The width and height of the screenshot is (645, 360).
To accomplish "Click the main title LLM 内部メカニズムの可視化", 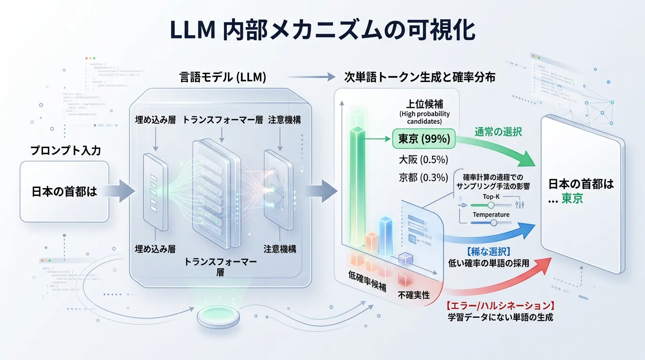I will pos(322,30).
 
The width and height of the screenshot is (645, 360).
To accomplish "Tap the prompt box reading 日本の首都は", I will pos(64,191).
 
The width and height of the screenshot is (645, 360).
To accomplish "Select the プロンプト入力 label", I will pos(65,151).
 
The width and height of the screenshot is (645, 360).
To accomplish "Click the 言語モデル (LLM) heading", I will pos(223,78).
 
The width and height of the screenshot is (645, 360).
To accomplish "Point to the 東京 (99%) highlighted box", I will pos(424,139).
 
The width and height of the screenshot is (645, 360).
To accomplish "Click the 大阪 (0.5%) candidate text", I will pos(423,158).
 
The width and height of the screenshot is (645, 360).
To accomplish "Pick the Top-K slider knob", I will pos(491,205).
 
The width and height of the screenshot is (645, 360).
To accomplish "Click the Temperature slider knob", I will pos(493,223).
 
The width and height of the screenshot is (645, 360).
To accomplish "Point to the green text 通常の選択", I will pos(499,132).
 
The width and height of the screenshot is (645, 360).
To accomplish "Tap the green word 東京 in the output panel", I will pos(572,198).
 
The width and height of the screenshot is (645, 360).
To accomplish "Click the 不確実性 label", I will pos(414,295).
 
